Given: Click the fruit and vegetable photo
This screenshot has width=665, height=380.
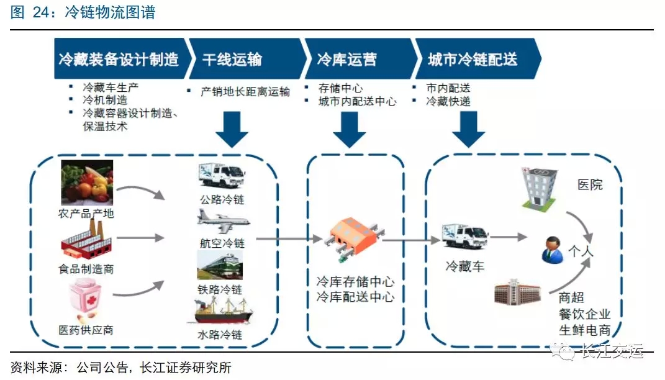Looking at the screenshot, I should coord(87,183).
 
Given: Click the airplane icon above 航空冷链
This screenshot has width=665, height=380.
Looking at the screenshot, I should coord(223,220).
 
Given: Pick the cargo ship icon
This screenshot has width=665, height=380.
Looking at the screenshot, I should coord(224,311).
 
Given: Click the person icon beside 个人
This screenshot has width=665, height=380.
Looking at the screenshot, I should coord(551,249).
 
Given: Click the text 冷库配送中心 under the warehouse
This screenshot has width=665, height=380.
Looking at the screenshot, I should coord(355,296).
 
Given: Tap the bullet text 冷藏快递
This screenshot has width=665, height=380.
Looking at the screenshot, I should coord(448,101).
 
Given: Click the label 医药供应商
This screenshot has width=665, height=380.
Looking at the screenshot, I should coord(86,330).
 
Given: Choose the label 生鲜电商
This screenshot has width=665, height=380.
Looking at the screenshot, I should coord(584,329).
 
